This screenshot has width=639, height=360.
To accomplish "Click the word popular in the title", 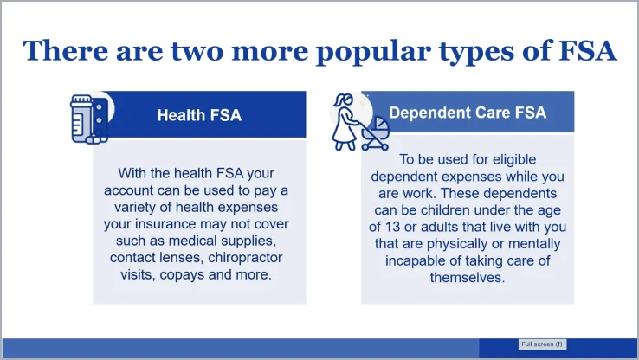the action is pyautogui.click(x=373, y=52).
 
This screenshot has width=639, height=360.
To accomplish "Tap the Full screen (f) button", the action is pyautogui.click(x=542, y=344).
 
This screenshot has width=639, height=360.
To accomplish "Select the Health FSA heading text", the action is pyautogui.click(x=199, y=115).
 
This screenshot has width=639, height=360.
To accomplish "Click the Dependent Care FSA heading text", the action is pyautogui.click(x=468, y=112).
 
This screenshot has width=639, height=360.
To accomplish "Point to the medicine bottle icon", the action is pyautogui.click(x=81, y=119).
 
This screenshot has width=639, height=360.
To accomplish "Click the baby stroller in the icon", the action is pyautogui.click(x=375, y=134).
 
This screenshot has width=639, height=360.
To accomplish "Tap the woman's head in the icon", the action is pyautogui.click(x=345, y=100).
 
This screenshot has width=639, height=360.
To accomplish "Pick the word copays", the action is pyautogui.click(x=182, y=275).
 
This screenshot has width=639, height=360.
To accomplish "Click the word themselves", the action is pyautogui.click(x=468, y=277).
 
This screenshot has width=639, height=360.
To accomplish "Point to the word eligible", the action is pyautogui.click(x=514, y=159).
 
